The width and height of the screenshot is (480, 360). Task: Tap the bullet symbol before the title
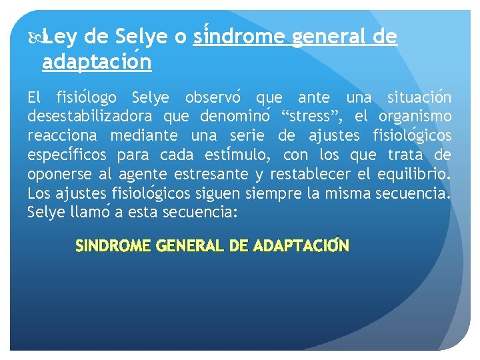tap(35, 37)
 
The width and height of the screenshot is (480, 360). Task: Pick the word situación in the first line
tap(419, 98)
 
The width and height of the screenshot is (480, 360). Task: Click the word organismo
tap(414, 117)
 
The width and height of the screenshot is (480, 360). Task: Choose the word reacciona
tap(61, 137)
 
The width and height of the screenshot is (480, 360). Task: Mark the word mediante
tap(143, 137)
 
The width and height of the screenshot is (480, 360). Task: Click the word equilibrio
tap(412, 175)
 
